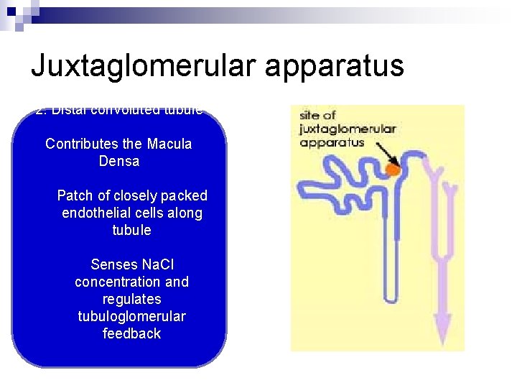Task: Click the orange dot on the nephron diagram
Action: [x=392, y=170]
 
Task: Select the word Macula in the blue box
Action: [x=169, y=144]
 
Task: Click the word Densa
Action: [x=119, y=161]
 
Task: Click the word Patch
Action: [x=75, y=195]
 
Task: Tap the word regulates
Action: [x=132, y=299]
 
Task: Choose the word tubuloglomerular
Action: [x=132, y=316]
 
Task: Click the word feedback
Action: [x=132, y=333]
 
